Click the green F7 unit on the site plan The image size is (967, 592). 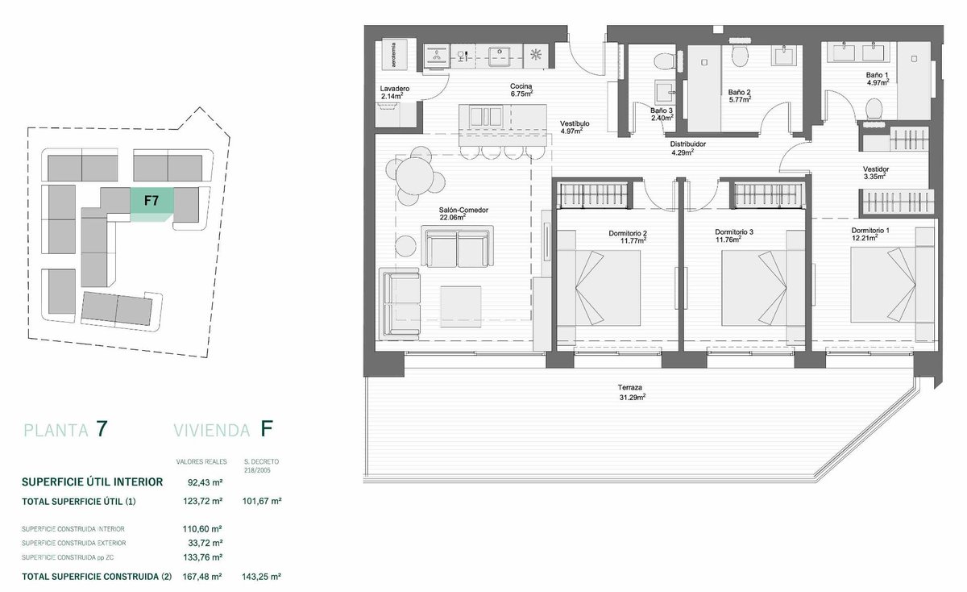(x=151, y=201)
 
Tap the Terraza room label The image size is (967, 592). (x=630, y=388)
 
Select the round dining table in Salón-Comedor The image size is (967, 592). (x=414, y=176)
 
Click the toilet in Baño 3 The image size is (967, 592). (x=664, y=61)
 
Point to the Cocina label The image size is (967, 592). (x=521, y=86)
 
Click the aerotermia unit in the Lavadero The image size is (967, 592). (x=395, y=55)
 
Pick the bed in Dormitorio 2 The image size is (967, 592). (x=599, y=287)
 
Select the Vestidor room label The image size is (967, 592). (x=876, y=169)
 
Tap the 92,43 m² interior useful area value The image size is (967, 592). (x=205, y=482)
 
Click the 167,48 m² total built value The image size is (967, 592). (x=202, y=577)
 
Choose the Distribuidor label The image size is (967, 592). (x=688, y=144)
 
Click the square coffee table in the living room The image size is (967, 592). (x=461, y=306)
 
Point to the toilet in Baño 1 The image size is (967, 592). (x=874, y=108)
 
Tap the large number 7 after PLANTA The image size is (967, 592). (x=102, y=429)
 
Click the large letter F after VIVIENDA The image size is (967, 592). (x=267, y=429)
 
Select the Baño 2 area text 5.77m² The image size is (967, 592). (x=740, y=100)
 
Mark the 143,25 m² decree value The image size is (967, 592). (x=262, y=577)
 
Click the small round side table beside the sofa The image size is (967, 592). (x=406, y=246)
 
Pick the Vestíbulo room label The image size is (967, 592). (x=575, y=123)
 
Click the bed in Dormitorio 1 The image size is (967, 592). (x=883, y=285)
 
